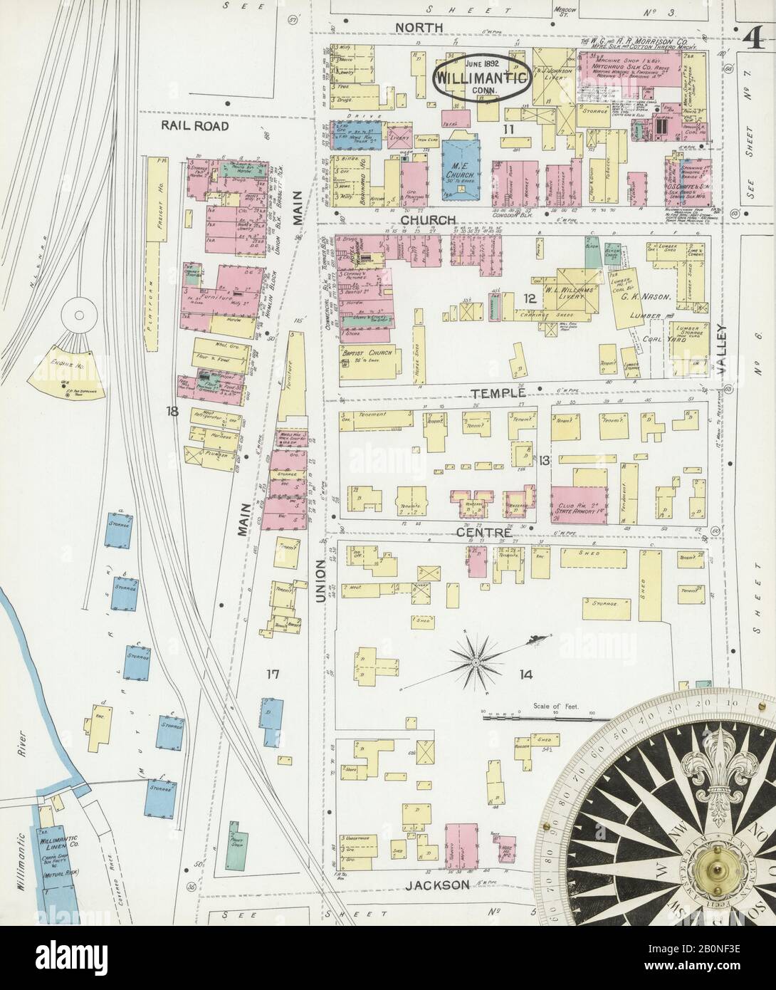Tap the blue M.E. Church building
tap(463, 164)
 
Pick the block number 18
tap(171, 411)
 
